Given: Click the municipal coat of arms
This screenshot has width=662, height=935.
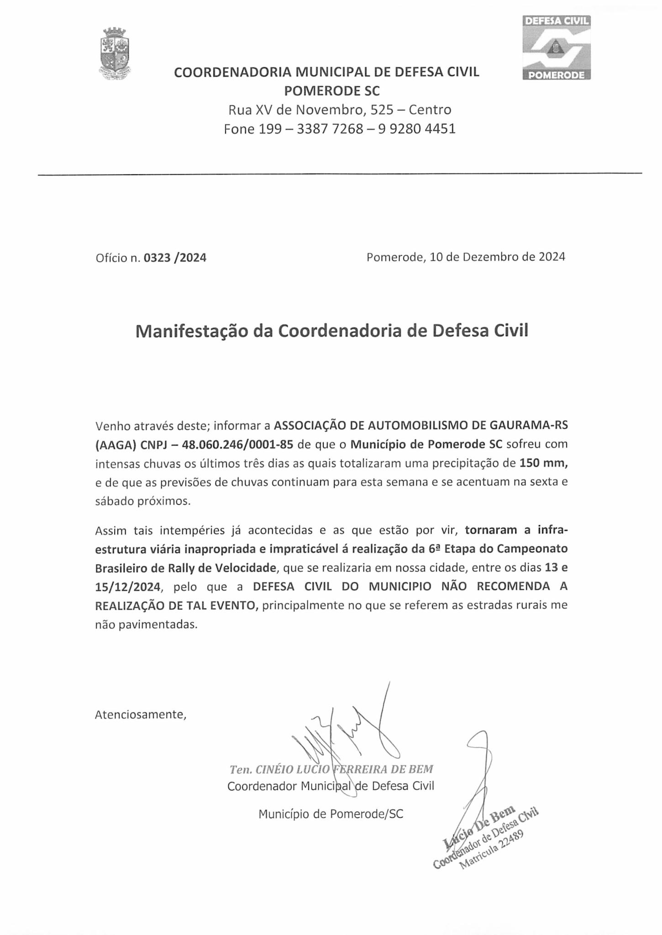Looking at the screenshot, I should coord(116,53).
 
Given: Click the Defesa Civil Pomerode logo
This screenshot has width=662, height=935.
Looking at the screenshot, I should coord(556,47).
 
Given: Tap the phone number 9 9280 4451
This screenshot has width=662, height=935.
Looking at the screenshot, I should coord(417,129).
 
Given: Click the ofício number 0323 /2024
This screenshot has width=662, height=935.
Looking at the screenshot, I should coord(175,258).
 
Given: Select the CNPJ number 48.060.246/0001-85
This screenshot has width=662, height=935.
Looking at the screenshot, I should coord(240,444).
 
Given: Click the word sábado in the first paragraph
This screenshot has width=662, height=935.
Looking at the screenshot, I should coord(115,501).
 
